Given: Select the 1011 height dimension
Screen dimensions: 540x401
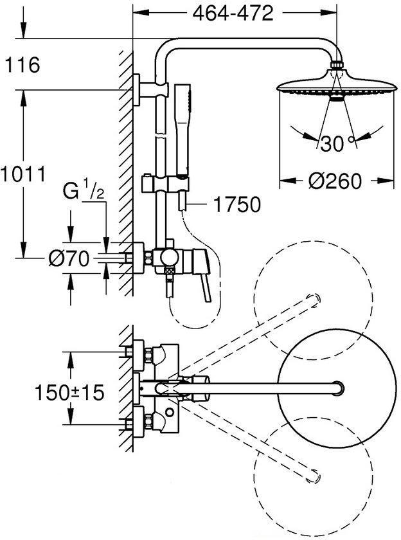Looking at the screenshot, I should tap(23, 174).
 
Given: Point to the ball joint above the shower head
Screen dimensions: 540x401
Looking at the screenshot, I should tap(337, 66).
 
